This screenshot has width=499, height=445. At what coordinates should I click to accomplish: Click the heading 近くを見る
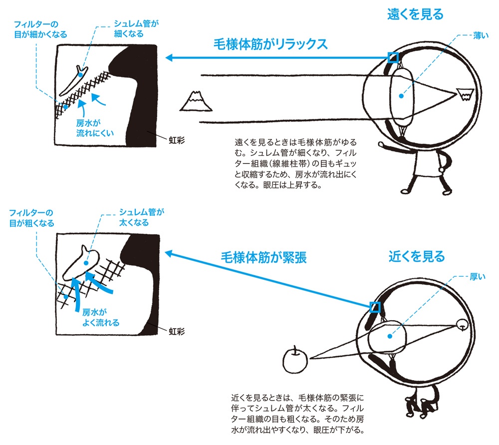pyautogui.click(x=416, y=257)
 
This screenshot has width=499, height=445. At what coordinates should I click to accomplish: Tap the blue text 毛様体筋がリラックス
pyautogui.click(x=269, y=44)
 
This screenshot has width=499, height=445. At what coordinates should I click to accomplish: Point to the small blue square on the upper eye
pyautogui.click(x=394, y=57)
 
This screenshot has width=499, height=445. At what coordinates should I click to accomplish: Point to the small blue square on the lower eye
pyautogui.click(x=374, y=307)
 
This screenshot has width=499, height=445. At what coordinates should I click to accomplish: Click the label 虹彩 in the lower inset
pyautogui.click(x=176, y=331)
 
